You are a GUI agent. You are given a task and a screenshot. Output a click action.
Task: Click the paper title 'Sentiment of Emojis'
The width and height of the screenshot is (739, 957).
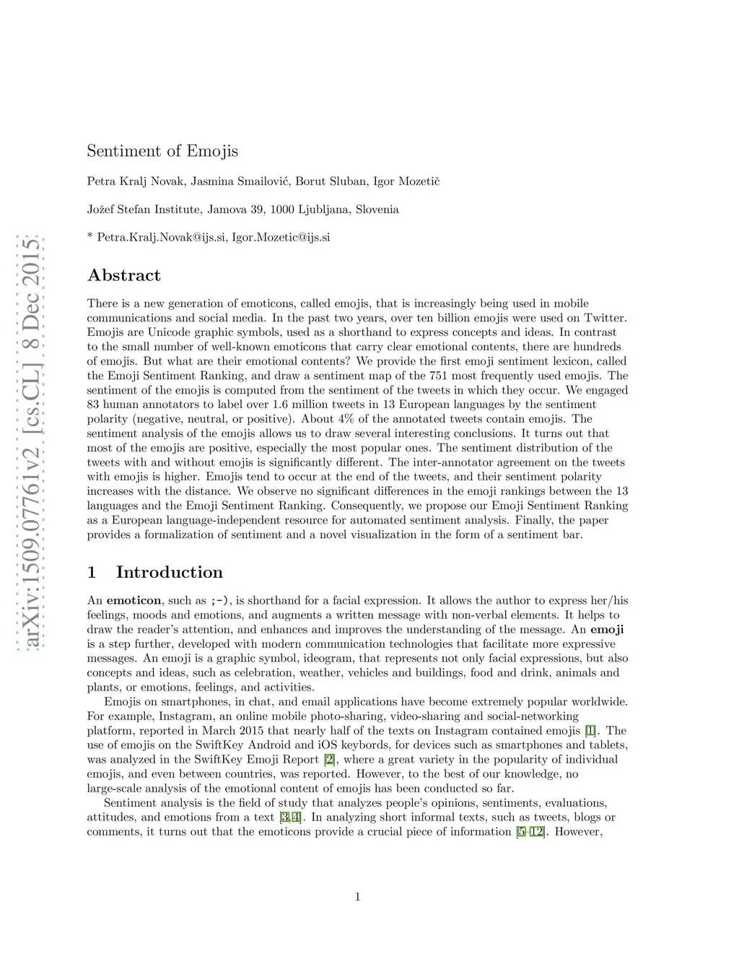pos(162,151)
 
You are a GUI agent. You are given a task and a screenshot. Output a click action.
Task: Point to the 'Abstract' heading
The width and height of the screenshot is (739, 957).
pos(124,275)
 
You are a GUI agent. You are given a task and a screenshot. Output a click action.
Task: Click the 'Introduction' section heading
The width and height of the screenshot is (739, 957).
pos(169,573)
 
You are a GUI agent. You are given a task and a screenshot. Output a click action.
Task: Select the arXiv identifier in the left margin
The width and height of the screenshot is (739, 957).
pos(32,441)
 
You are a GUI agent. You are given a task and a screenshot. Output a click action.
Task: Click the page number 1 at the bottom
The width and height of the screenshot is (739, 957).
pos(357,897)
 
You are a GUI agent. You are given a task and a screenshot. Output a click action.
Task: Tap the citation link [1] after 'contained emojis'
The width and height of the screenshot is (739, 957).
pos(590,731)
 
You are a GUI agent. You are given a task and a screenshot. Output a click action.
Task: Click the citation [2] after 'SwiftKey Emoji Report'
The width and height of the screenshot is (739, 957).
pos(330,760)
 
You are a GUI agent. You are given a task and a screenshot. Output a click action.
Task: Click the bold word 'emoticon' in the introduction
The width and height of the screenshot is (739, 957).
pos(134,601)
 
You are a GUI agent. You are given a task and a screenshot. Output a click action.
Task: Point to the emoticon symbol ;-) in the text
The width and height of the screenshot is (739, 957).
pos(221,601)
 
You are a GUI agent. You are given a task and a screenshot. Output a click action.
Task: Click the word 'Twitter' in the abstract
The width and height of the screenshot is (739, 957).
pos(604,318)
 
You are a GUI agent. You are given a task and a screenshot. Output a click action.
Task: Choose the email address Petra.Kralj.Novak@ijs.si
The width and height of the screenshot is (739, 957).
pos(160,238)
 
